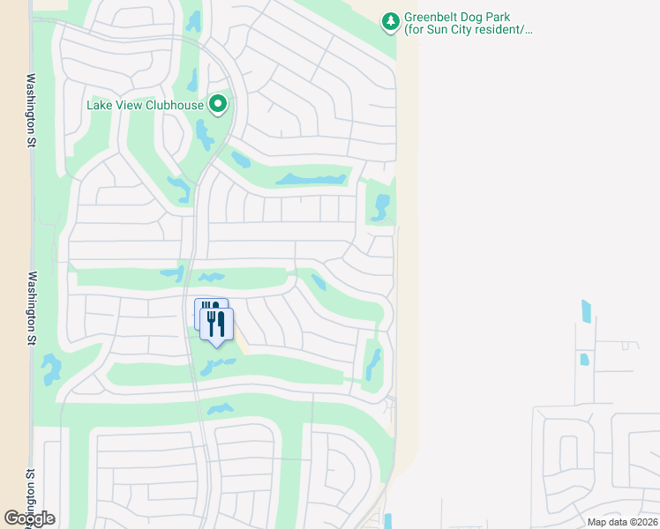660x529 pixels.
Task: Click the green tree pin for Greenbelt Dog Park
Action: point(390,21)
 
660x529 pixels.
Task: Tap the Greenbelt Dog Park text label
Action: point(469,24)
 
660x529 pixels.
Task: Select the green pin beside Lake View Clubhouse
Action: point(218,106)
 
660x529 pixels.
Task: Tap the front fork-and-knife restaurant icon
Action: point(217,324)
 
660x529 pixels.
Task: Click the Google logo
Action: point(29,518)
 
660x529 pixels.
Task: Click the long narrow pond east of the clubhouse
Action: point(311,180)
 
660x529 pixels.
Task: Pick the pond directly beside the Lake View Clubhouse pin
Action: point(204,134)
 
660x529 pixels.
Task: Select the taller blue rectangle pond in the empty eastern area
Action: point(587,311)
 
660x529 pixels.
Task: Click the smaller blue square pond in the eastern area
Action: point(582,360)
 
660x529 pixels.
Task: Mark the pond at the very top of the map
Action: point(193,20)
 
